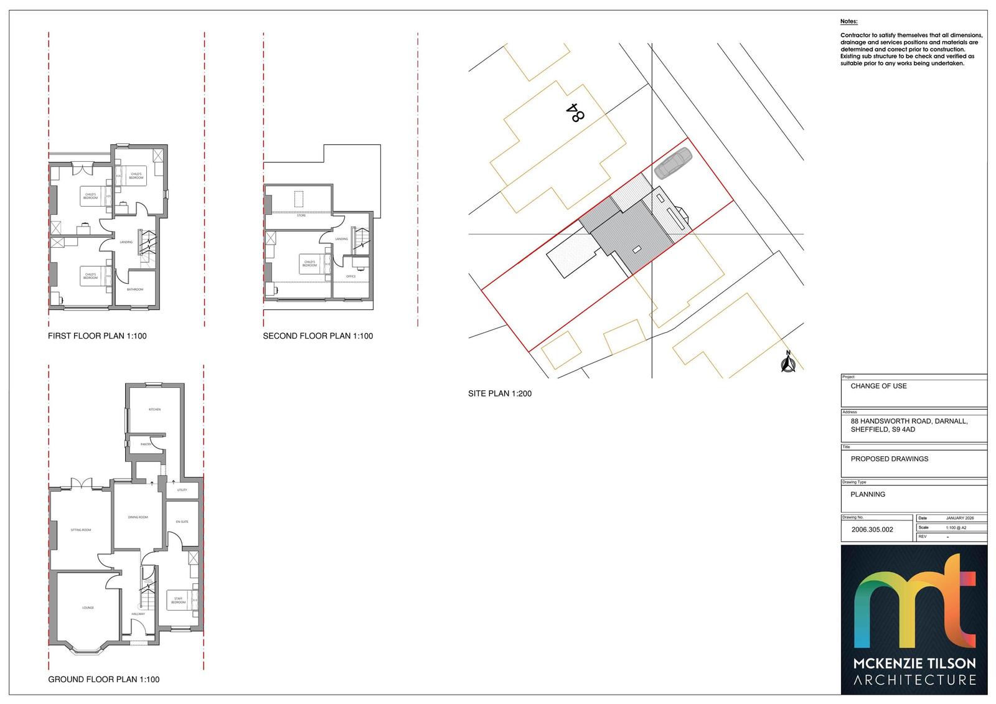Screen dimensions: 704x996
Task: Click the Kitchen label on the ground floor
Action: coord(154,410)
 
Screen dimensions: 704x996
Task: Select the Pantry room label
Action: coord(146,444)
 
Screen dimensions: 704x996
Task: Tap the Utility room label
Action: coord(182,490)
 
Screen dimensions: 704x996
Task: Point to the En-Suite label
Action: coord(182,522)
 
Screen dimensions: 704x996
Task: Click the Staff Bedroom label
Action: coord(178,601)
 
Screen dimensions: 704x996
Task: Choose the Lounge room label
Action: coord(88,608)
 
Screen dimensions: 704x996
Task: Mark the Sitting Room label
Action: coord(81,530)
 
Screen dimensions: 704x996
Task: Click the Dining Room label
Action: coord(138,517)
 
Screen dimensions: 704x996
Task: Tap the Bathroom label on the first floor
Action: coord(135,289)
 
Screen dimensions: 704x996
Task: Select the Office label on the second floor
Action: coord(350,276)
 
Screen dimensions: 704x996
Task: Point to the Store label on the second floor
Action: coord(301,215)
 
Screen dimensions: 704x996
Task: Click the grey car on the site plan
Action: coord(673,163)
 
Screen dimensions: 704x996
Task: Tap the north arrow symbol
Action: coord(787,364)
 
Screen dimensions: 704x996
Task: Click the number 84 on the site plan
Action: coord(576,112)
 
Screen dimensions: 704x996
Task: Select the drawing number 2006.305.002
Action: coord(867,530)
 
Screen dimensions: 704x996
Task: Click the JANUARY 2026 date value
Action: coord(960,518)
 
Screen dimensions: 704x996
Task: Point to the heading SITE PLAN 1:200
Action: coord(500,393)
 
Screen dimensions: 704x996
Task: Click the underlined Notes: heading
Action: coord(848,22)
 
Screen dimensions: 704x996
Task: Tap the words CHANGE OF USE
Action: coord(878,386)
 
